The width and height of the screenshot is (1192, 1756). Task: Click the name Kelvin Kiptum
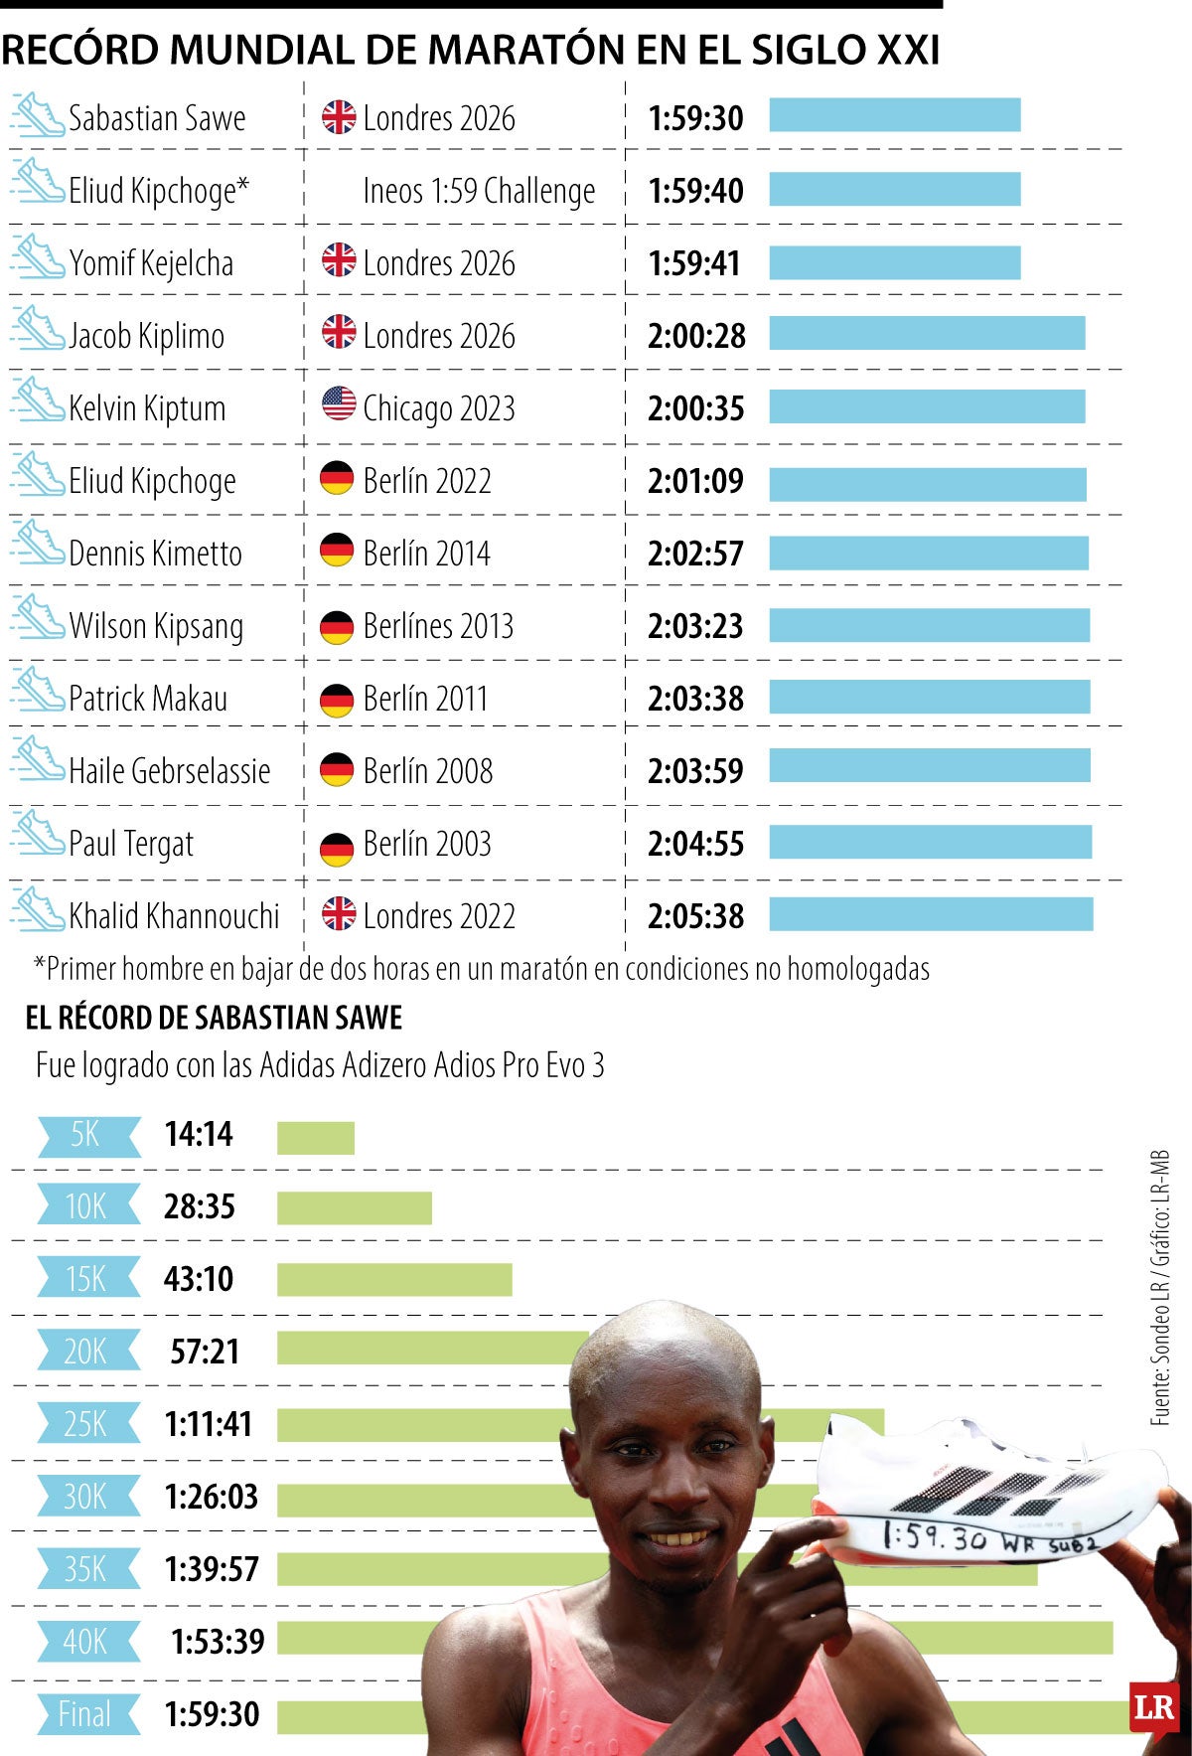click(147, 408)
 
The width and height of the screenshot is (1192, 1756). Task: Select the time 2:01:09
click(695, 481)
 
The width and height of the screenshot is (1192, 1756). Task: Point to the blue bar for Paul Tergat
click(930, 842)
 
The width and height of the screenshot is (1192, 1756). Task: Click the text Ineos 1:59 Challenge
click(479, 191)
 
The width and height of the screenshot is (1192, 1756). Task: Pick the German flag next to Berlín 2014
click(337, 550)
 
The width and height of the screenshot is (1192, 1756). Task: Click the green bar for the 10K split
click(354, 1207)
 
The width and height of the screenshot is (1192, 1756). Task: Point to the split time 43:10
click(199, 1279)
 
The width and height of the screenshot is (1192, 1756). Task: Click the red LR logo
click(1153, 1708)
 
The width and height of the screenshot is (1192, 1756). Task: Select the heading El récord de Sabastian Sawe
click(214, 1018)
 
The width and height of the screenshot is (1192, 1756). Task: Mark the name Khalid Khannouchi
click(174, 916)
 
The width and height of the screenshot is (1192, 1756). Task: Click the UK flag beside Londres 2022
click(339, 913)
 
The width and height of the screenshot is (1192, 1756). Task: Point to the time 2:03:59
click(695, 771)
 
